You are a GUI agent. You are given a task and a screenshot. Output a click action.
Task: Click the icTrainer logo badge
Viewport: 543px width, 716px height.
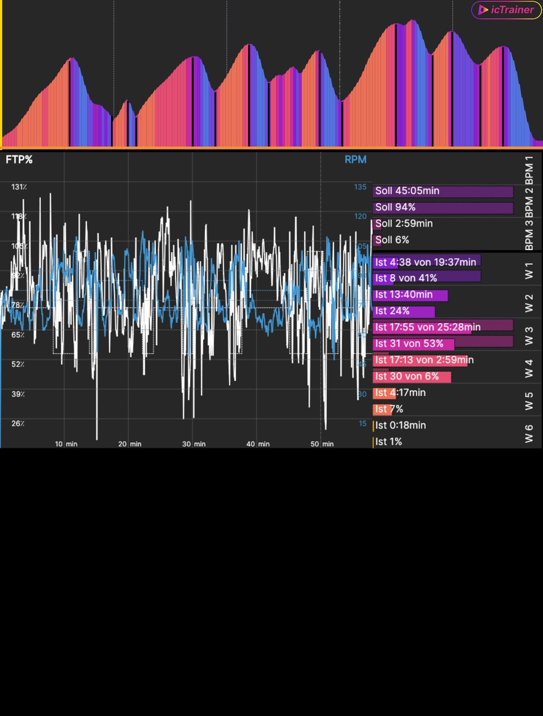(x=506, y=10)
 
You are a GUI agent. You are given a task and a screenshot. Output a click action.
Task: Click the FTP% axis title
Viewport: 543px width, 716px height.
(x=19, y=160)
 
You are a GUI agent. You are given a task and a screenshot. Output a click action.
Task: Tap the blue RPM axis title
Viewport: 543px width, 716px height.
(x=355, y=160)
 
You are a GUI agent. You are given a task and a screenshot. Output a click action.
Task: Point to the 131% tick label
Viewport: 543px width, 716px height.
(x=19, y=187)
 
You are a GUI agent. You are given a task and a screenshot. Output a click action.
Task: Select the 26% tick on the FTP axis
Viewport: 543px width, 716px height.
(x=18, y=423)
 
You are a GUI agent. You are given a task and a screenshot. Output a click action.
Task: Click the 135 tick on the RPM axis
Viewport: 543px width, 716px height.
(x=360, y=187)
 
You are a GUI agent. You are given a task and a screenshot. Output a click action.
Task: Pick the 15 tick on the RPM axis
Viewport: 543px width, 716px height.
(x=362, y=423)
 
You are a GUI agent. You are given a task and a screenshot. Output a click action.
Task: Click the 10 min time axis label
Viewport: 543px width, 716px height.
(x=66, y=444)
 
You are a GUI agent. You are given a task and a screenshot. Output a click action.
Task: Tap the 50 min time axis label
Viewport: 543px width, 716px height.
(x=322, y=444)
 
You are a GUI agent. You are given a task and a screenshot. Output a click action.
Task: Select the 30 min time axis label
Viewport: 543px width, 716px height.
(x=194, y=444)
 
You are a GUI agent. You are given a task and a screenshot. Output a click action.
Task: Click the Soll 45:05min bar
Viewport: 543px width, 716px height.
(x=443, y=191)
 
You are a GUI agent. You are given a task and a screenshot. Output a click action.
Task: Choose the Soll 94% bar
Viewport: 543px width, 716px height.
(x=443, y=207)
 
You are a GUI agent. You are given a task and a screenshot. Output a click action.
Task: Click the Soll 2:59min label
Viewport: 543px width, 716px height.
(x=404, y=223)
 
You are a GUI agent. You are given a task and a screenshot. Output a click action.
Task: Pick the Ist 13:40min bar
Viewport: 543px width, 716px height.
(x=410, y=295)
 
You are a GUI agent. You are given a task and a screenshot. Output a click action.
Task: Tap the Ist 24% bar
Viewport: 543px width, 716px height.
(x=404, y=311)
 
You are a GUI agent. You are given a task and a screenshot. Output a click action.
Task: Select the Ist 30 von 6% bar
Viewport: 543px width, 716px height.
(x=412, y=376)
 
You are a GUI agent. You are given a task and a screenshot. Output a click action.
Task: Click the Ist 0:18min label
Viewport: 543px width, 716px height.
(x=400, y=425)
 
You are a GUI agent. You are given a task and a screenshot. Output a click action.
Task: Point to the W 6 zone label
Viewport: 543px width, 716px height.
(x=529, y=433)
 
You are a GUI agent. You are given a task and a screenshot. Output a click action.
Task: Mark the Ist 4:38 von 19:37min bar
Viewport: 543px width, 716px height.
(x=426, y=262)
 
